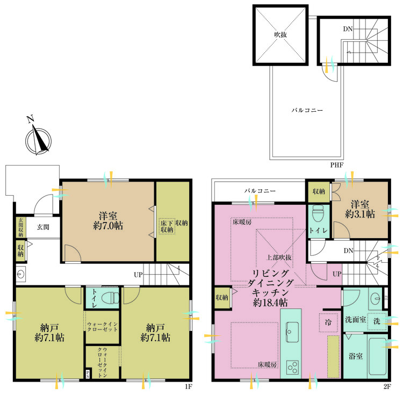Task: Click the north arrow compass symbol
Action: coord(38,139)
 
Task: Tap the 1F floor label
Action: coord(189,386)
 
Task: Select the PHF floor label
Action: coord(337,165)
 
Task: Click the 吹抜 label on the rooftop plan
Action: coord(280,35)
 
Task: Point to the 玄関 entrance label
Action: coord(43,227)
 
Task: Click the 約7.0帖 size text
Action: coord(108,226)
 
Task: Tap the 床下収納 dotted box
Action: coord(167,226)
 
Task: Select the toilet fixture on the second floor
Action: coord(318,214)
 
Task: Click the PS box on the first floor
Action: coord(88,374)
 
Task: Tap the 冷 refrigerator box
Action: coord(328,322)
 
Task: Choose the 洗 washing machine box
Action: coord(377,321)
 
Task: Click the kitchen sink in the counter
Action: coord(292,332)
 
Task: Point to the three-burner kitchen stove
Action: coord(292,367)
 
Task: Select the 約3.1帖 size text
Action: coord(360,214)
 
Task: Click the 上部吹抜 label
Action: coord(279,257)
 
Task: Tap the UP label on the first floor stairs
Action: coord(138,275)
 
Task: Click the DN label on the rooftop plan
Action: coord(348,29)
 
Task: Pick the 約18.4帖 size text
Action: coord(270,303)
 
